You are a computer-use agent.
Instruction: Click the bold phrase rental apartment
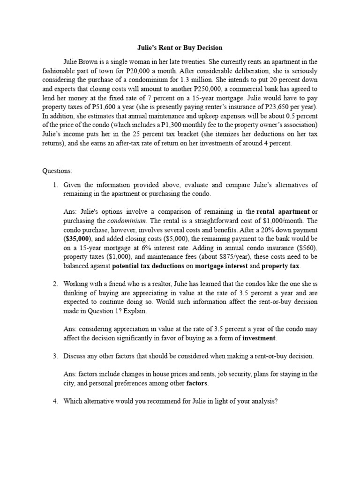(283, 212)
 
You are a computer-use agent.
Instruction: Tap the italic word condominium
(127, 221)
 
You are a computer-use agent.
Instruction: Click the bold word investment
(259, 338)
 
